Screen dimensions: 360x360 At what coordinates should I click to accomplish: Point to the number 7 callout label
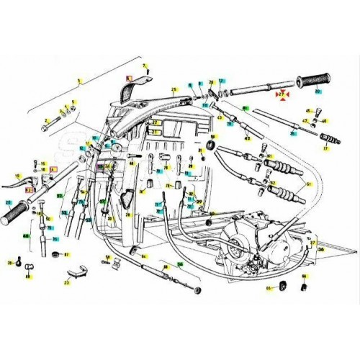pos(145,66)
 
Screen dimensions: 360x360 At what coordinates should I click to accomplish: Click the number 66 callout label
pos(304,276)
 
